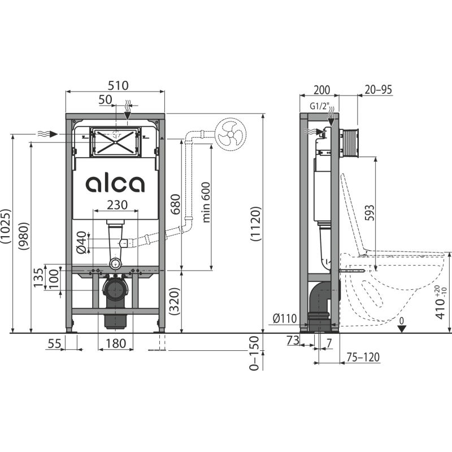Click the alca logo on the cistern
tap(115, 184)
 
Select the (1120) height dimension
tap(255, 224)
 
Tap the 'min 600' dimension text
tap(207, 202)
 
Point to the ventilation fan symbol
tap(231, 134)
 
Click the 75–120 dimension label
tap(363, 357)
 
